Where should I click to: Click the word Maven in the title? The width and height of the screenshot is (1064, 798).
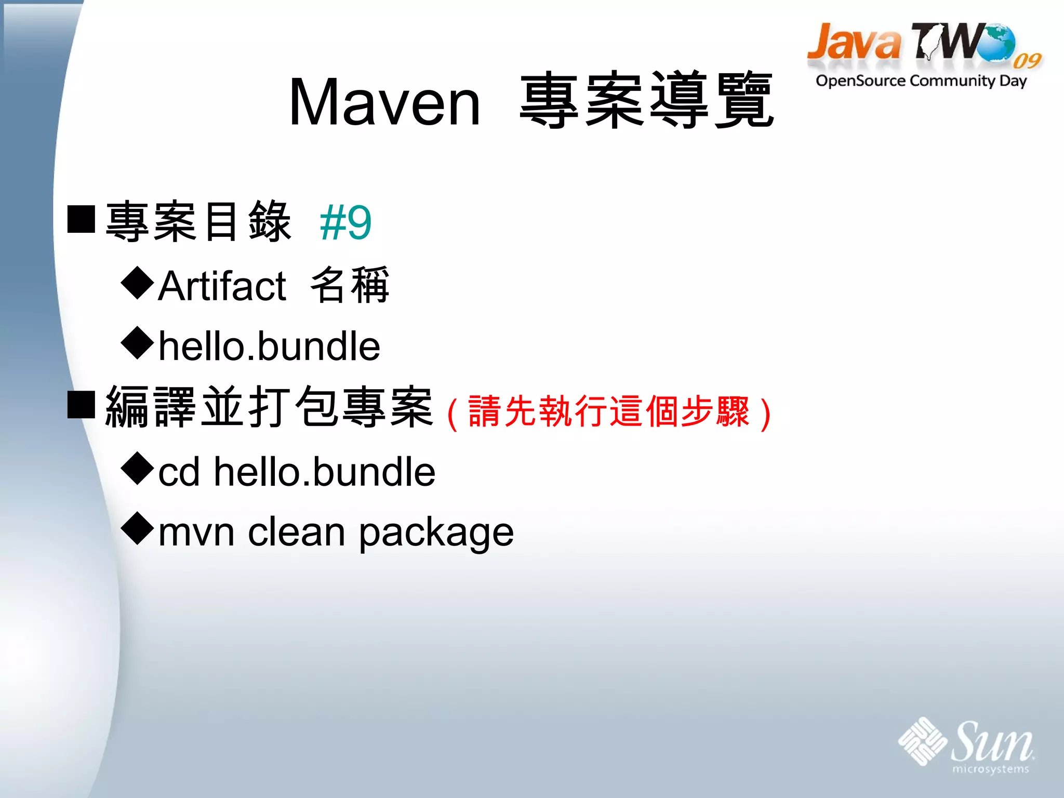tap(384, 102)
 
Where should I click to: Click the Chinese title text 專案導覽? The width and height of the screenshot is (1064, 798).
tap(647, 100)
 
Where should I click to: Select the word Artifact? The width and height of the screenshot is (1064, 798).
tap(222, 286)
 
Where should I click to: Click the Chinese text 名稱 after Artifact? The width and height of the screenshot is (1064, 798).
tap(350, 285)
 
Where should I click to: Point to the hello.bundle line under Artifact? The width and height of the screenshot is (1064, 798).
tap(269, 346)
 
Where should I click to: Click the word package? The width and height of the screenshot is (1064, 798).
tap(436, 533)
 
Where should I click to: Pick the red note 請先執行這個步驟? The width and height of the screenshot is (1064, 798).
tap(609, 411)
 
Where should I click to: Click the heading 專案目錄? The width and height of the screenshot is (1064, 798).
tap(198, 222)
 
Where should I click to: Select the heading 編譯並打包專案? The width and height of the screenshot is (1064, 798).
tap(269, 408)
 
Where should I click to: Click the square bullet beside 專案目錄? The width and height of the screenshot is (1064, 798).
tap(81, 219)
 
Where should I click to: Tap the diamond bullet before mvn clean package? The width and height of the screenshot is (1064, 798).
tap(138, 528)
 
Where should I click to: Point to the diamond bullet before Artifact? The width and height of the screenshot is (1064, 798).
tap(138, 283)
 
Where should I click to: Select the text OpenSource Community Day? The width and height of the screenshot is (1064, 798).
tap(921, 81)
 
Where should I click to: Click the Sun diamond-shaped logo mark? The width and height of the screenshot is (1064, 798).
tap(922, 741)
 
